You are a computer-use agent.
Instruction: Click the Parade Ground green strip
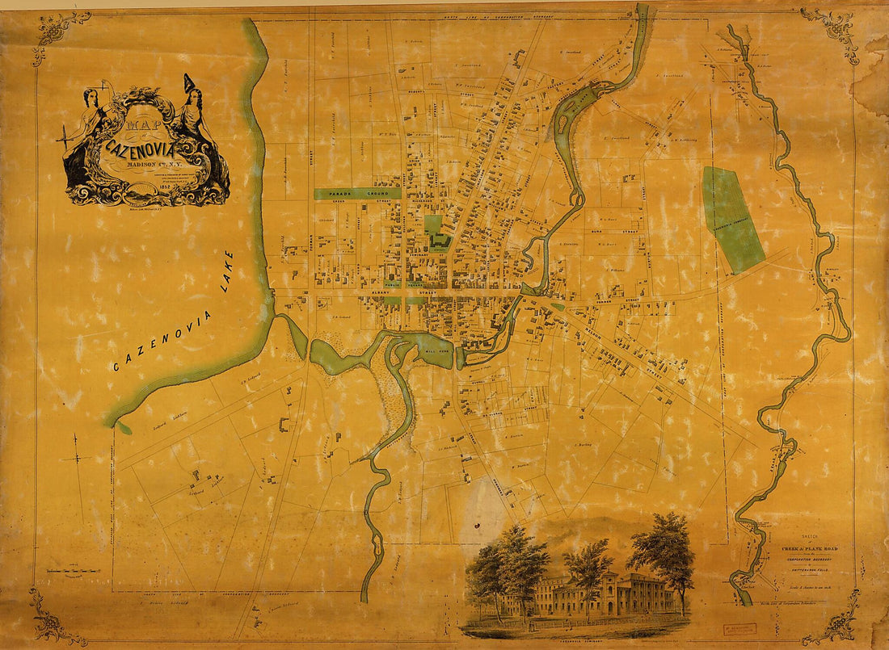click(x=357, y=194)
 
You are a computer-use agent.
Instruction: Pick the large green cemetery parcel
click(x=733, y=218)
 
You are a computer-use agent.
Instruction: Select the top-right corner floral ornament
click(x=832, y=32)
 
